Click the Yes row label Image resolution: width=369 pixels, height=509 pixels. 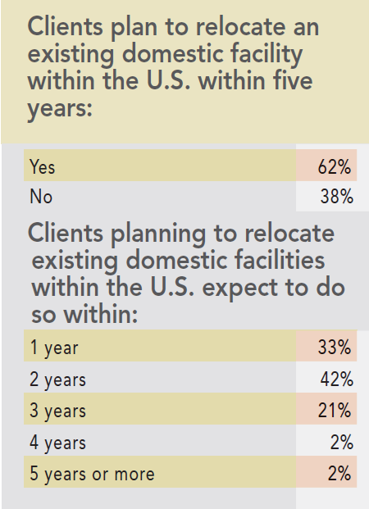(x=42, y=167)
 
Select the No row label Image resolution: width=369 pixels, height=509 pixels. (x=40, y=197)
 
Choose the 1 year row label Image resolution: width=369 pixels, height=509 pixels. (x=54, y=348)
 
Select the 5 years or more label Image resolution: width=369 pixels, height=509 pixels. (x=92, y=474)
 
